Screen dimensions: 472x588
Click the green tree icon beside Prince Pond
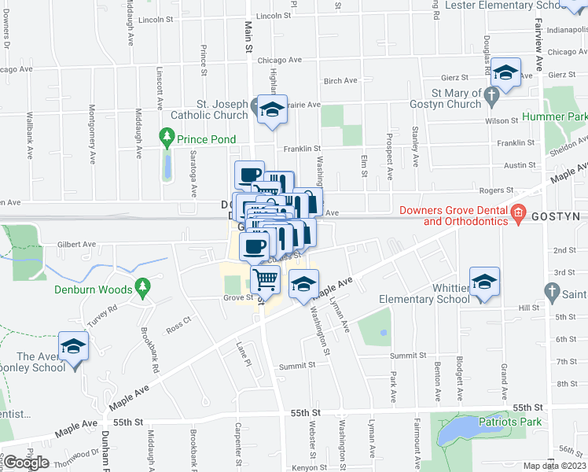(x=166, y=139)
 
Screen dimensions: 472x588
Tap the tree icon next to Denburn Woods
(x=142, y=289)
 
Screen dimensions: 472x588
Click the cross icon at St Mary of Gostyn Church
(x=492, y=98)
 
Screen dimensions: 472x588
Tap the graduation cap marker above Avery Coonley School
(x=75, y=347)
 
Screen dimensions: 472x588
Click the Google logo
(x=27, y=463)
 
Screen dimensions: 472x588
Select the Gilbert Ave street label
(x=76, y=245)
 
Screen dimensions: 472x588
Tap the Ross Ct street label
(x=178, y=322)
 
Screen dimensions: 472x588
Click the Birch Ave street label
(x=340, y=80)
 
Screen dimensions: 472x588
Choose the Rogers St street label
(x=498, y=190)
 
